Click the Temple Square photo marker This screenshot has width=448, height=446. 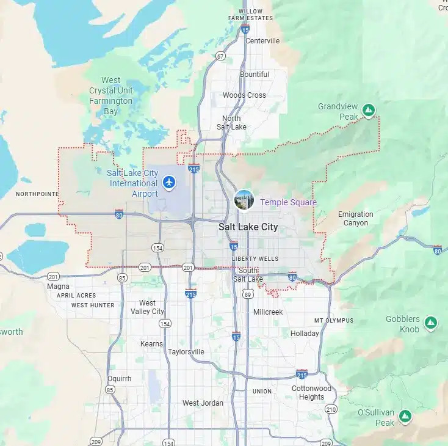click(x=244, y=200)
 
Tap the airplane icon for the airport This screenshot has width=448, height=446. click(x=169, y=181)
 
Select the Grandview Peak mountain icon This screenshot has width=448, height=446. click(x=367, y=111)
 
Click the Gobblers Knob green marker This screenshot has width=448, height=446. click(x=430, y=322)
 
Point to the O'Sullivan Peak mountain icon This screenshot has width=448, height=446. click(x=404, y=417)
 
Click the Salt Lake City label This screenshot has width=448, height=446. click(x=248, y=227)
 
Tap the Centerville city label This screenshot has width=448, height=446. click(x=262, y=41)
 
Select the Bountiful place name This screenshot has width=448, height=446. click(x=255, y=75)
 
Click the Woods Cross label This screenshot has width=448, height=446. click(x=244, y=95)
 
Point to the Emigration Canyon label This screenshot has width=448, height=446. click(x=355, y=219)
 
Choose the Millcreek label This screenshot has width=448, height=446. click(x=268, y=312)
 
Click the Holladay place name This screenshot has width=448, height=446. click(x=305, y=334)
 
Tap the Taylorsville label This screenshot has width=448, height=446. click(x=186, y=352)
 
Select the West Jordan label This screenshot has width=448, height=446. click(x=199, y=403)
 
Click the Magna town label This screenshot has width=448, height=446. click(x=58, y=286)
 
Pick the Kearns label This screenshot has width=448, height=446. click(x=151, y=344)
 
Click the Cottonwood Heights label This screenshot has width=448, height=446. click(x=311, y=392)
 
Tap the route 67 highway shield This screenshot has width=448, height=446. click(x=220, y=56)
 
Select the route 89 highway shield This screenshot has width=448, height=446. click(x=248, y=294)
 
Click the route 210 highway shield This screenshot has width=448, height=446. click(x=331, y=409)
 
